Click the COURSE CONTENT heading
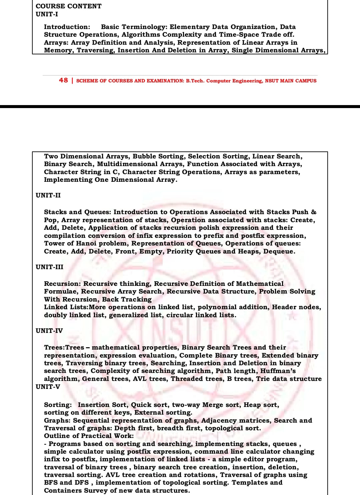(68, 6)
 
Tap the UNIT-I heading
(47, 14)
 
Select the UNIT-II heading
(48, 195)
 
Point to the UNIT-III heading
(49, 267)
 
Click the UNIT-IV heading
(49, 331)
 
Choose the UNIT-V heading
(48, 387)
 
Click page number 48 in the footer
(63, 80)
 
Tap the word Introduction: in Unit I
(67, 27)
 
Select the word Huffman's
(278, 371)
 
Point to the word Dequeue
(279, 252)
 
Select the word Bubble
(145, 156)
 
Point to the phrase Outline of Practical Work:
(89, 436)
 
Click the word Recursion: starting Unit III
(62, 284)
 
